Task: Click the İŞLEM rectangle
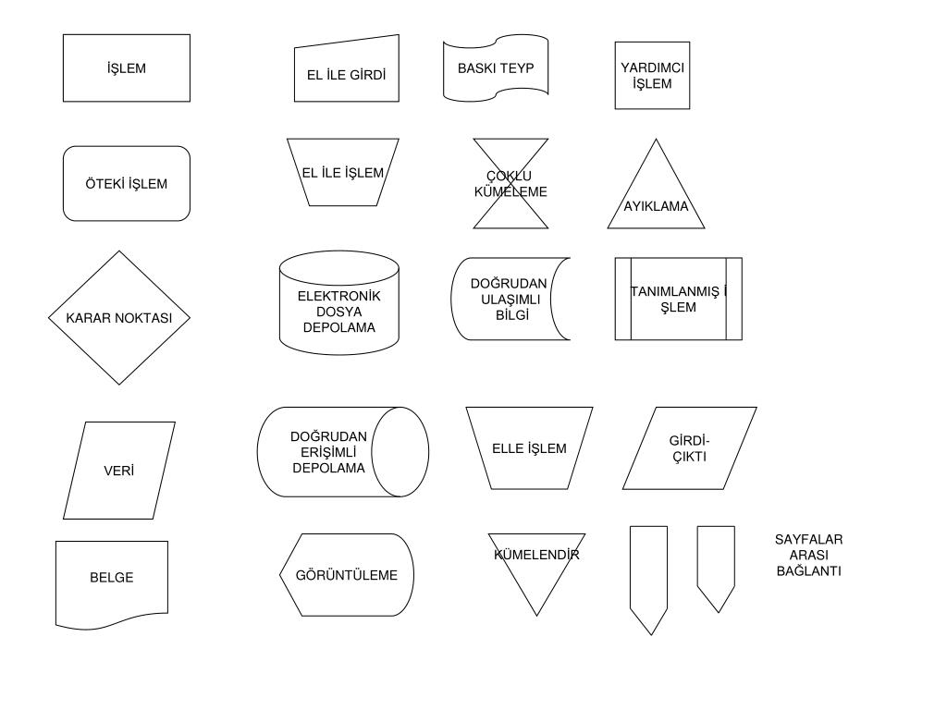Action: coord(127,68)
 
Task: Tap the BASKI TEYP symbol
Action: coord(496,68)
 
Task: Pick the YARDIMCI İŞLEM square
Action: coord(652,75)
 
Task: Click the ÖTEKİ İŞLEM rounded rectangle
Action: coord(127,183)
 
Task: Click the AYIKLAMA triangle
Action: coord(656,199)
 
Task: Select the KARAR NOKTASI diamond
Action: coord(119,317)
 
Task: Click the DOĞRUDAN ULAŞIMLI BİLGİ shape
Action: coord(510,299)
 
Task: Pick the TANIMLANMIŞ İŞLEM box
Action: coord(678,299)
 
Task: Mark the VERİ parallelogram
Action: coord(119,471)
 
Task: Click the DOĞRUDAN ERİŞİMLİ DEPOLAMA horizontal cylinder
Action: coord(342,452)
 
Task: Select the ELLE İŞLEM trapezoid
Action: coord(529,448)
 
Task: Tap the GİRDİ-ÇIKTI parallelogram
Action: coord(689,448)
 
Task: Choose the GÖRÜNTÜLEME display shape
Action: coord(347,575)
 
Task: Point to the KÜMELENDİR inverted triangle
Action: coord(536,565)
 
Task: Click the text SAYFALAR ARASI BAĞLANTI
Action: coord(808,555)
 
